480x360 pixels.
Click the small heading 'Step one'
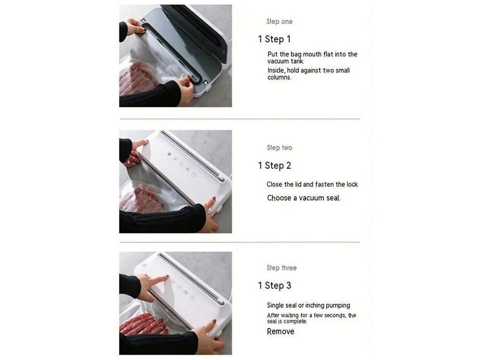(279, 22)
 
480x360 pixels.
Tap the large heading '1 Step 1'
(274, 39)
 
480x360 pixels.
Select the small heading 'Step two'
(279, 148)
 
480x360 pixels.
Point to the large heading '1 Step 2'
(274, 166)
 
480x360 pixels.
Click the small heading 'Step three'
(281, 268)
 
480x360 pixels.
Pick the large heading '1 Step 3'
(274, 285)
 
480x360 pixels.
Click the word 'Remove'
(280, 332)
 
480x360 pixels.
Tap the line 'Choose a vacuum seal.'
(304, 198)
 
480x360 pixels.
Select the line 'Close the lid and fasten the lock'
(312, 184)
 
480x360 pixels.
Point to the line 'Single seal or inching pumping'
(308, 305)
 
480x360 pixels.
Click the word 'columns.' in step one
(279, 78)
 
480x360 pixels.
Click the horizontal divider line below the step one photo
(240, 119)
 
